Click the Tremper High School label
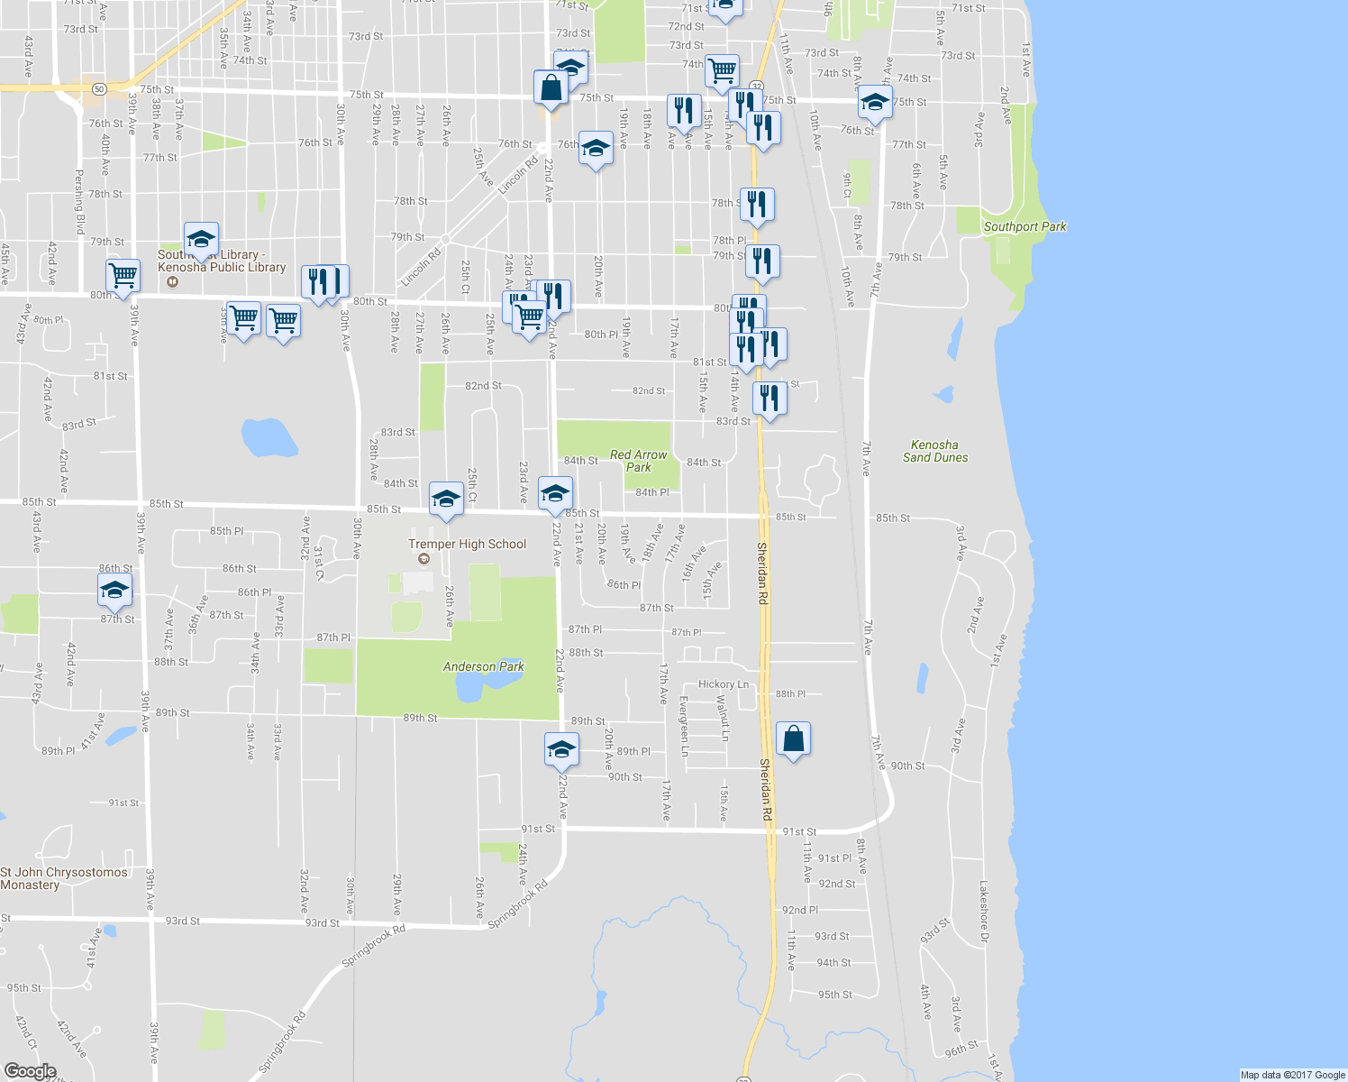coord(467,544)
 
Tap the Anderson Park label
coord(483,666)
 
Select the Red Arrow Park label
coord(638,461)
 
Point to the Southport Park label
coord(1025,226)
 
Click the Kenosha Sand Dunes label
coord(935,451)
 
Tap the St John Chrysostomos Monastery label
coord(63,878)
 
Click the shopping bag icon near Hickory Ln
coord(793,740)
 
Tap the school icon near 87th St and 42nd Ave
coord(114,591)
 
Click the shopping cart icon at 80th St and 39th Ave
coord(123,275)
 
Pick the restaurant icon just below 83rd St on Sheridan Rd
coord(769,398)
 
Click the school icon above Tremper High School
coord(446,499)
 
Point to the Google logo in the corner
coord(30,1071)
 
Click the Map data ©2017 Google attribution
coord(1292,1075)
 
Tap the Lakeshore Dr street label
coord(984,912)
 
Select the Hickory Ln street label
coord(724,684)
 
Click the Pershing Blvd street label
coord(79,201)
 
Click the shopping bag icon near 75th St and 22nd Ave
coord(550,88)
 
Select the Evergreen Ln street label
coord(684,726)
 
